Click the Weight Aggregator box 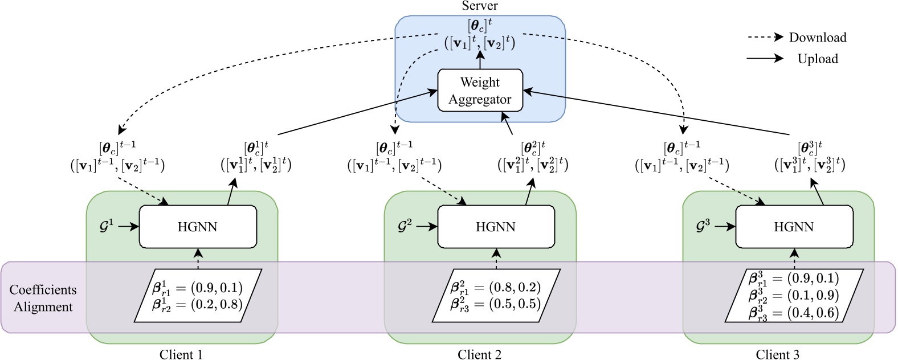coord(480,91)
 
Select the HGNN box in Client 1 coord(198,227)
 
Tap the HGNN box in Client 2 coord(496,227)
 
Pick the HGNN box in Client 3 coord(794,227)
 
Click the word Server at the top coord(480,6)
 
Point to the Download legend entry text coord(817,38)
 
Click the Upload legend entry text coord(817,59)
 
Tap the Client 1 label coord(181,354)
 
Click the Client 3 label coord(778,354)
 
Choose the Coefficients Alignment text coord(42,298)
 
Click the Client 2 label coord(480,354)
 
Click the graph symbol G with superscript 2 coord(405,226)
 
